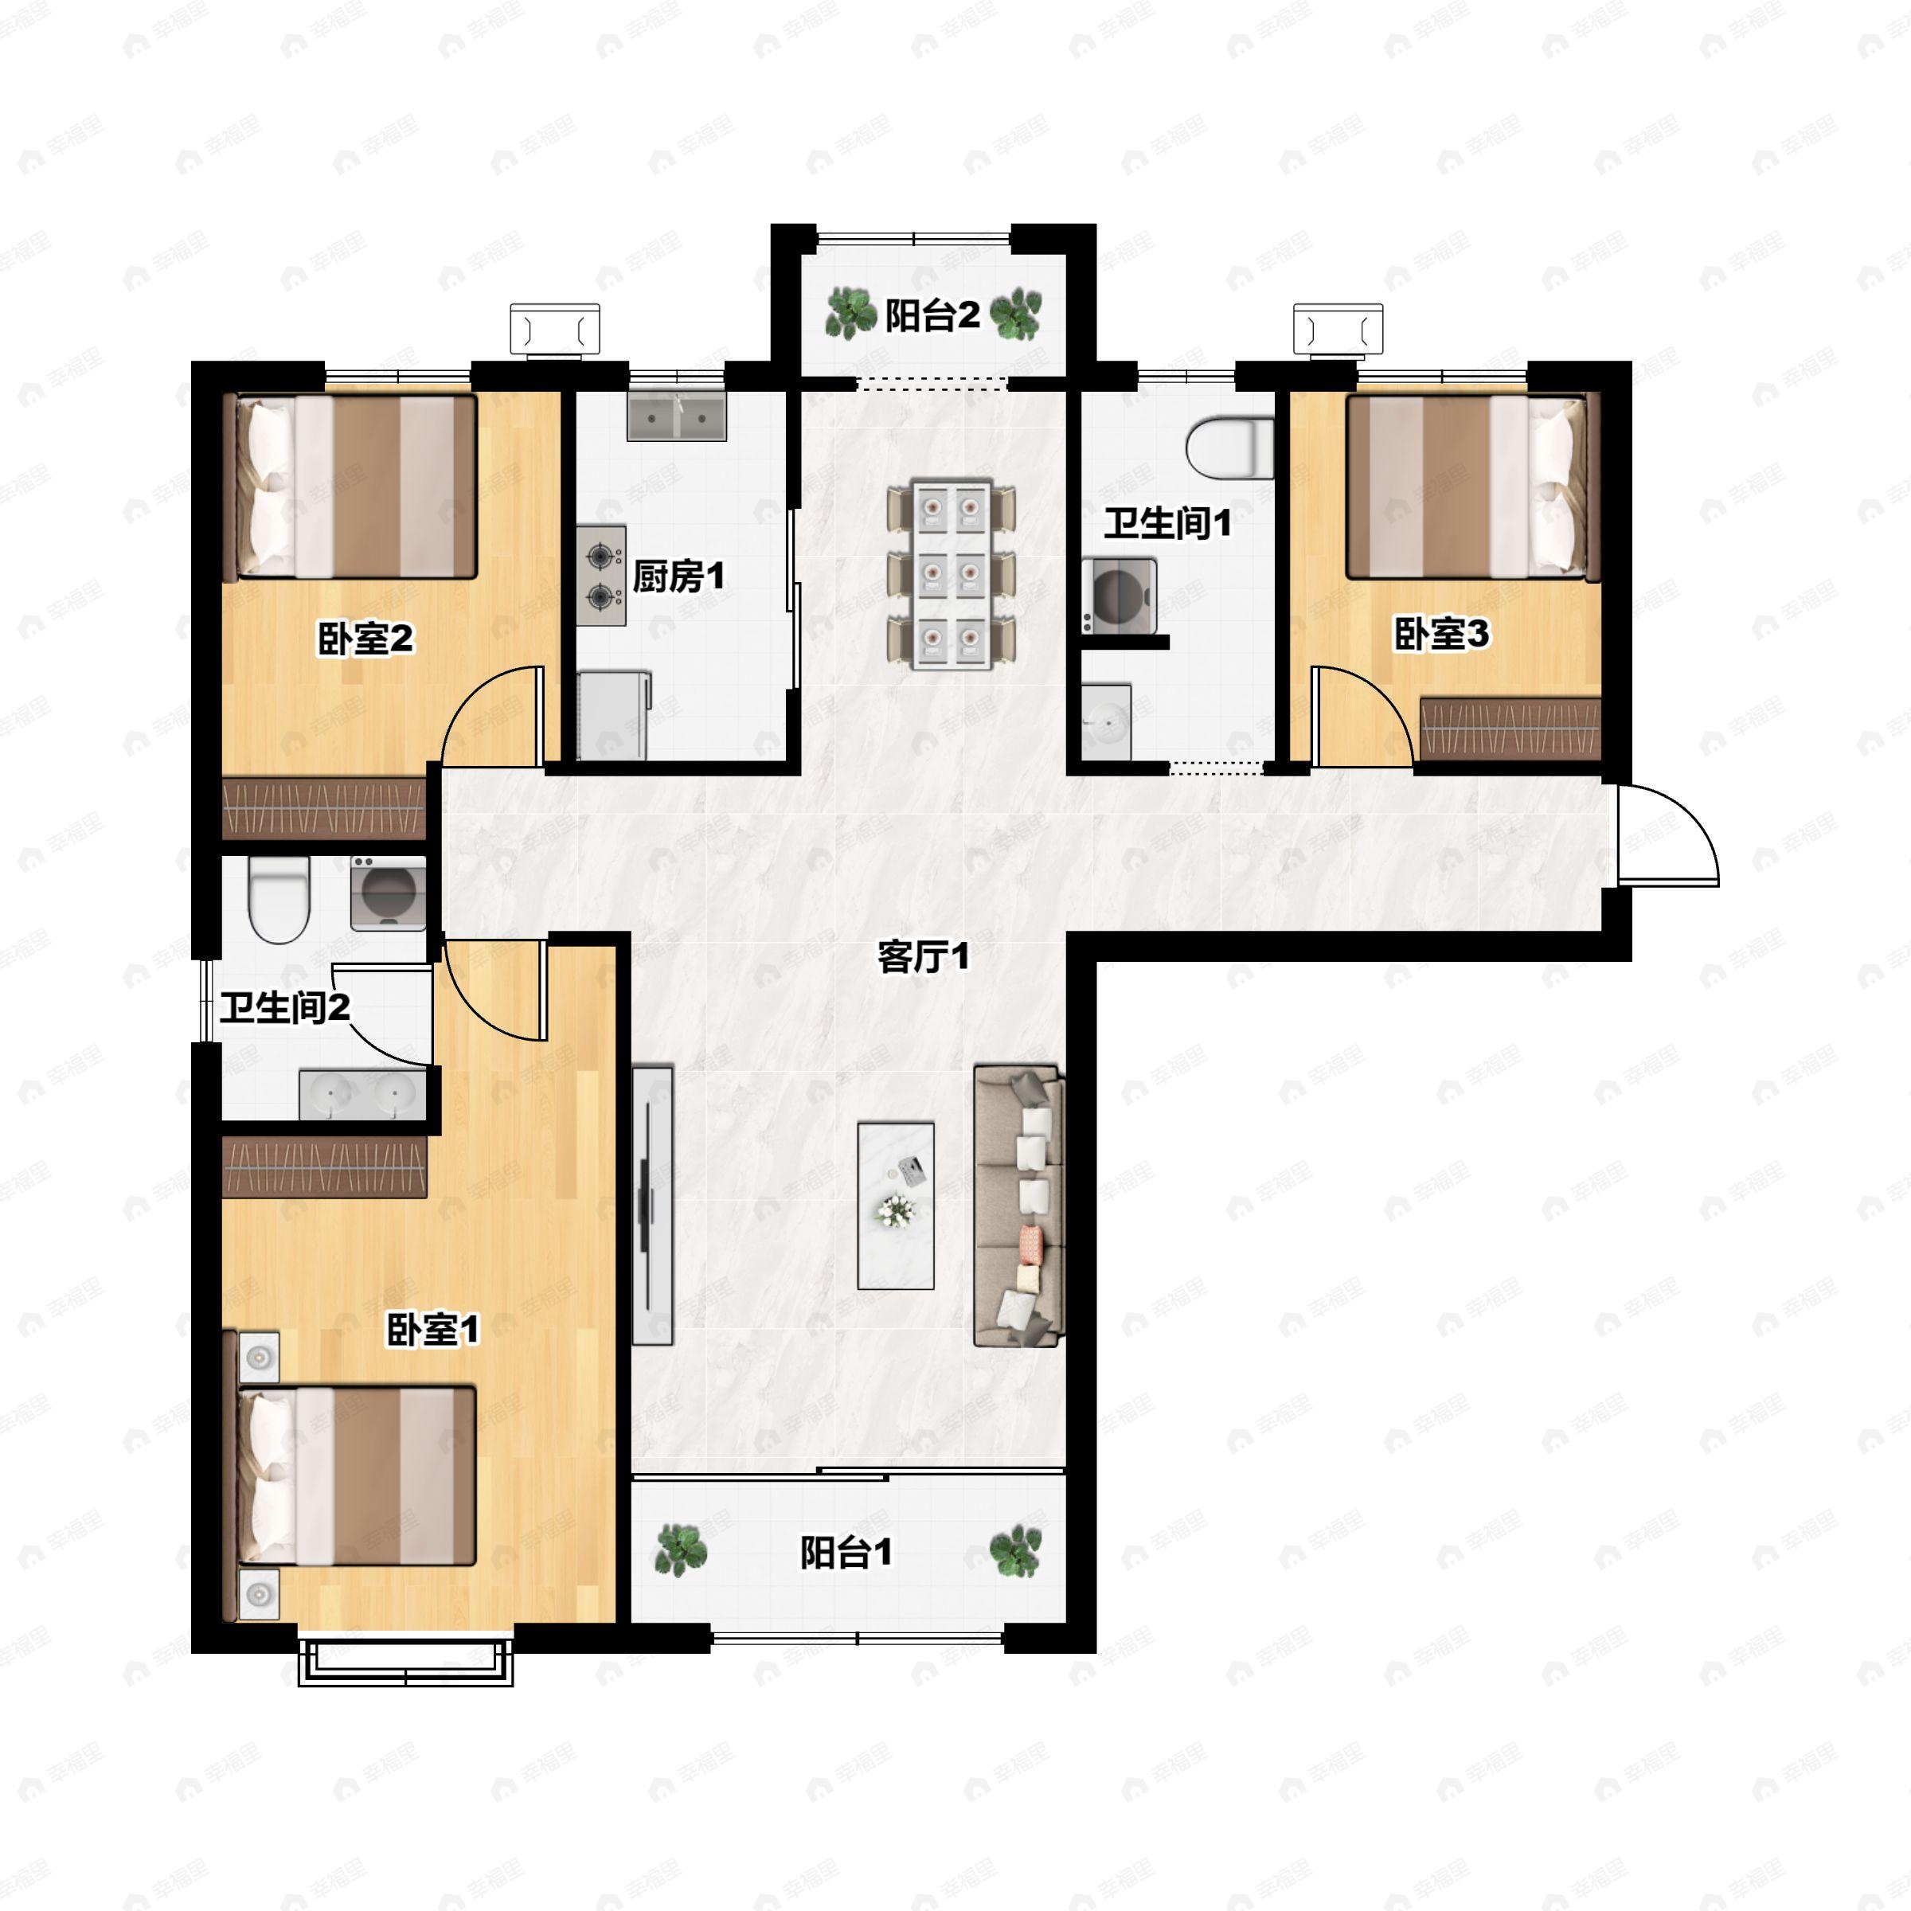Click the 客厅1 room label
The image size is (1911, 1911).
point(923,956)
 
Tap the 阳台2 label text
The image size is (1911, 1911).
point(932,315)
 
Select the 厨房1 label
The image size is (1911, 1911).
point(678,576)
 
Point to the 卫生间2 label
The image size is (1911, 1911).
point(285,1008)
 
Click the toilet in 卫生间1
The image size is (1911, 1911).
point(1229,449)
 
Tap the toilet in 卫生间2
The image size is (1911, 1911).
point(278,898)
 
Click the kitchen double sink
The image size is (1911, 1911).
point(677,416)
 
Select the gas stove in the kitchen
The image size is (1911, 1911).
point(601,576)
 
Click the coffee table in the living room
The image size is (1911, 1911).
point(895,1205)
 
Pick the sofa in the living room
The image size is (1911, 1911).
point(1020,1206)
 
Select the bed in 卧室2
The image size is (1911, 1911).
point(357,487)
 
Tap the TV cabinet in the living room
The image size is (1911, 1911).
point(653,1205)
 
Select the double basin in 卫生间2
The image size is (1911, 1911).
point(363,1094)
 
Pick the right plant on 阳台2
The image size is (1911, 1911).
point(1016,315)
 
